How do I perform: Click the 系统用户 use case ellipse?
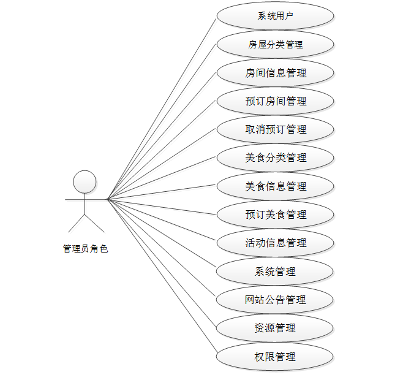click(275, 16)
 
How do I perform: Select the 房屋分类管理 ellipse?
click(275, 44)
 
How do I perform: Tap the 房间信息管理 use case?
click(275, 73)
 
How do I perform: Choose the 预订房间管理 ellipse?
click(275, 101)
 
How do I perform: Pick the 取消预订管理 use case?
click(275, 129)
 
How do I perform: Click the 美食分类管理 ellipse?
click(275, 158)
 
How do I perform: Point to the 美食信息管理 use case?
click(275, 186)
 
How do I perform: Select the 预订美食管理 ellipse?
click(275, 215)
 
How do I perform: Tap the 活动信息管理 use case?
click(275, 243)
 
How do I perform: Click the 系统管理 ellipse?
click(275, 271)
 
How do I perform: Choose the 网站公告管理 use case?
click(275, 300)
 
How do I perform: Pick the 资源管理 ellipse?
click(275, 328)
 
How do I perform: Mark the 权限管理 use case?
click(275, 356)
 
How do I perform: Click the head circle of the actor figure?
click(85, 182)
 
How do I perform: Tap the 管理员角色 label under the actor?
click(85, 249)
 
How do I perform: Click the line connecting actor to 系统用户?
click(162, 107)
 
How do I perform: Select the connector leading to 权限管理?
click(162, 276)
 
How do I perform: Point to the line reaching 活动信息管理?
click(162, 220)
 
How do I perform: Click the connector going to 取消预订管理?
click(162, 164)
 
